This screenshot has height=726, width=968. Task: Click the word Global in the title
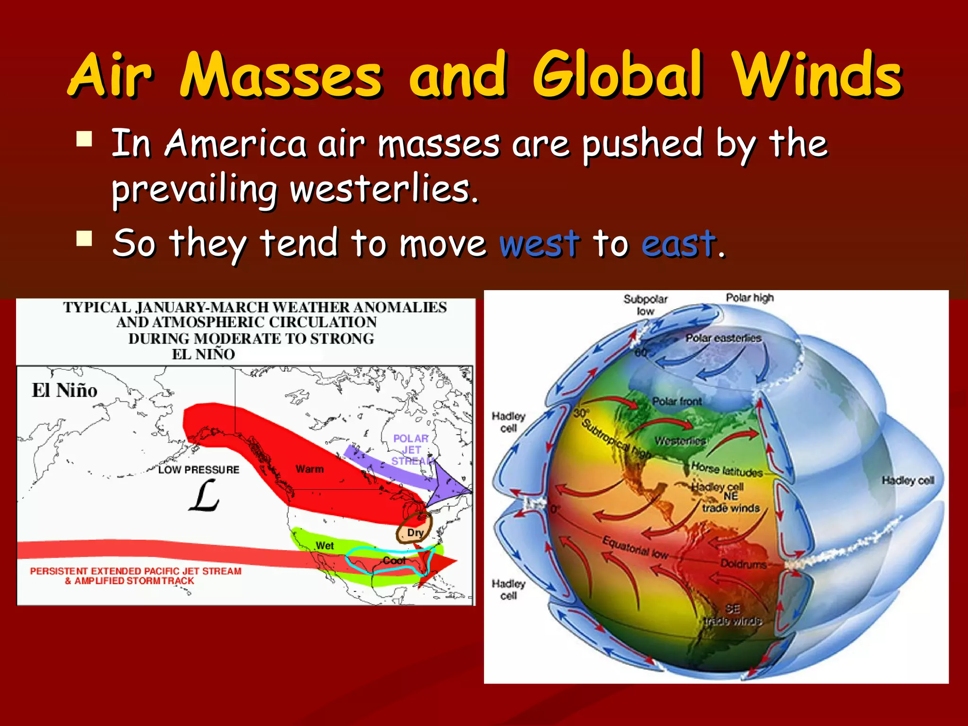click(x=618, y=75)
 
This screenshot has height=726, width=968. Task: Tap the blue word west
click(x=539, y=244)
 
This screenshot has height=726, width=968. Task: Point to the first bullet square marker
click(x=85, y=139)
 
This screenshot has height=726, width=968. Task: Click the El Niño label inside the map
click(x=64, y=390)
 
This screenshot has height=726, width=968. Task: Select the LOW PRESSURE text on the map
click(x=199, y=470)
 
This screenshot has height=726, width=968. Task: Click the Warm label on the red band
click(x=310, y=469)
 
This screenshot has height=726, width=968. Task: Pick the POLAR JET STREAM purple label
click(x=411, y=449)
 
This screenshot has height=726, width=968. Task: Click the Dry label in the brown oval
click(x=415, y=533)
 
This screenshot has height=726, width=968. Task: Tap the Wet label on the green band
click(x=325, y=545)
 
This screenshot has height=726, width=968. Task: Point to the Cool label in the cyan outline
click(x=394, y=561)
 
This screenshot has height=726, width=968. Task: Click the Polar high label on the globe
click(x=750, y=298)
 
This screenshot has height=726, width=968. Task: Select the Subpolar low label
click(x=645, y=305)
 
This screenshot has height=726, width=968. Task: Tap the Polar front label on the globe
click(x=677, y=401)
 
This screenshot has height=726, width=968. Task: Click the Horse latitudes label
click(x=726, y=469)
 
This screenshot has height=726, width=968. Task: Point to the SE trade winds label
click(x=733, y=614)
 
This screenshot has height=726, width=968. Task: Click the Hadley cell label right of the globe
click(x=908, y=480)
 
